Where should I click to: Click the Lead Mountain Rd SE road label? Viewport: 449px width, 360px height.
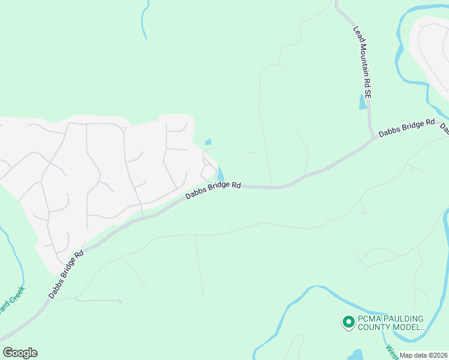pos(363,62)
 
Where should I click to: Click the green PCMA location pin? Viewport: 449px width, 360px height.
pos(348,323)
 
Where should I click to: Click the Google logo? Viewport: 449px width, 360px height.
pos(20,353)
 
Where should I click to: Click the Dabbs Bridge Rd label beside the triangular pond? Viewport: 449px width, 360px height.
pos(213,190)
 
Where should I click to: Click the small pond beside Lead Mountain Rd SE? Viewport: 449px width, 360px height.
pos(362,101)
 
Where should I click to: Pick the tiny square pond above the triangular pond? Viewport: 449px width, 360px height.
pos(208,142)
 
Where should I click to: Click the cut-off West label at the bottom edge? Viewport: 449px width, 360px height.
pos(390,349)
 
